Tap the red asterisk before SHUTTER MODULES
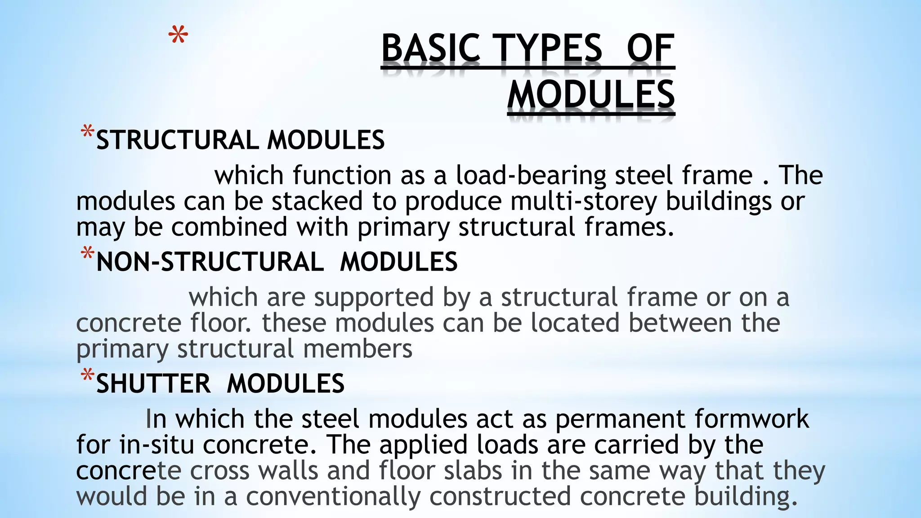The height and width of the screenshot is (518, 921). (x=87, y=376)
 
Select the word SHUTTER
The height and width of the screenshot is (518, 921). (x=153, y=384)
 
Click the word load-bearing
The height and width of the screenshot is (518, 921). (x=531, y=175)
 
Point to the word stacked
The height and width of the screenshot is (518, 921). (x=317, y=201)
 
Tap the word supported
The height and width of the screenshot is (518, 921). (x=374, y=298)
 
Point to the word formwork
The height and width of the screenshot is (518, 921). (x=751, y=419)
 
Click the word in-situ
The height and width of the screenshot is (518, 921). (x=157, y=445)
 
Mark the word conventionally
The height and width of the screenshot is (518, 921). (x=333, y=496)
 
